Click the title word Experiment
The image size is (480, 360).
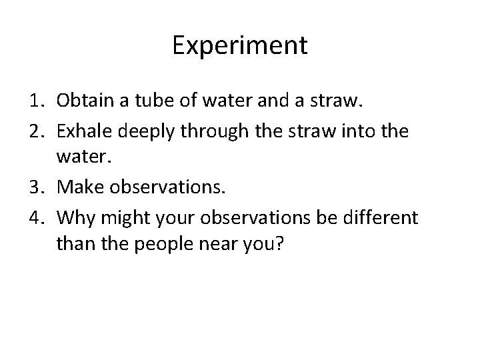pyautogui.click(x=240, y=45)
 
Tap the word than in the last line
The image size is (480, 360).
pyautogui.click(x=73, y=247)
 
